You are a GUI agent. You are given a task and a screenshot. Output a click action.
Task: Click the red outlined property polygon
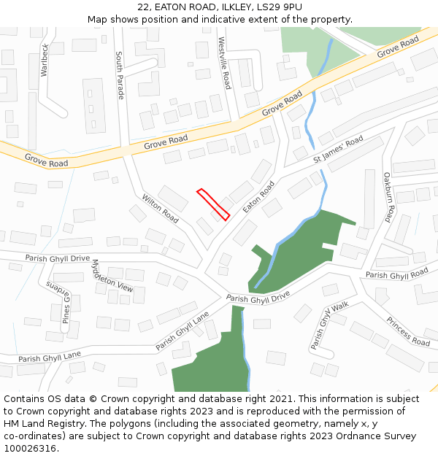click(x=213, y=204)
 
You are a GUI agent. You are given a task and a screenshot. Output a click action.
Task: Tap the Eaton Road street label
click(x=259, y=197)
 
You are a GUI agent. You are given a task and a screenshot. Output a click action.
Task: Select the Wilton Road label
click(x=160, y=208)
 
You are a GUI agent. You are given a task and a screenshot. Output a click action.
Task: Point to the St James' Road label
click(x=338, y=150)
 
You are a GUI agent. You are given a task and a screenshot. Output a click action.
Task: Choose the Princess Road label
click(x=408, y=331)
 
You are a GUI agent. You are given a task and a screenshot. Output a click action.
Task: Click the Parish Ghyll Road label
click(x=396, y=274)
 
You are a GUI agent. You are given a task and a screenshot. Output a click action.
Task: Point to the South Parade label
click(x=120, y=75)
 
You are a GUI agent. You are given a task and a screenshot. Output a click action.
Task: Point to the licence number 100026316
click(x=31, y=449)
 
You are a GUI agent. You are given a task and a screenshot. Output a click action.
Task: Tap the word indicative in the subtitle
click(x=223, y=19)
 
